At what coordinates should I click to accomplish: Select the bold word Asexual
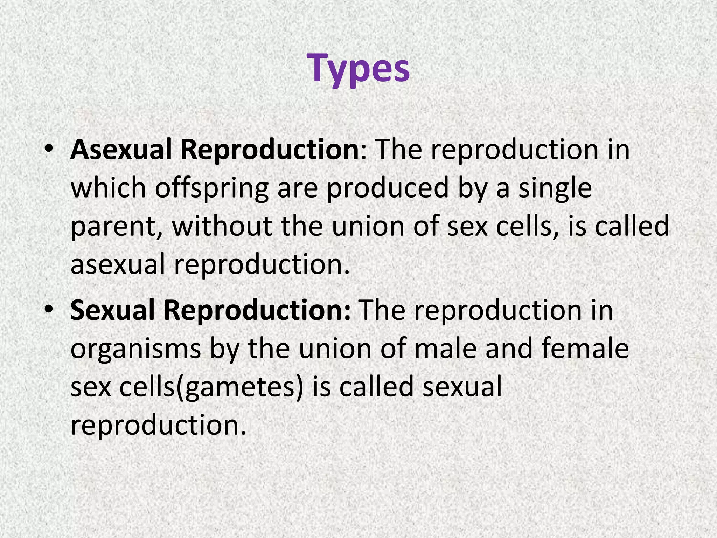[x=120, y=150]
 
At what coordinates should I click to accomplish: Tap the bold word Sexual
[x=112, y=310]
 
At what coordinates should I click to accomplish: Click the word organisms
[x=136, y=350]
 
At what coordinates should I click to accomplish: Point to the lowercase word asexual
[x=118, y=264]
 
